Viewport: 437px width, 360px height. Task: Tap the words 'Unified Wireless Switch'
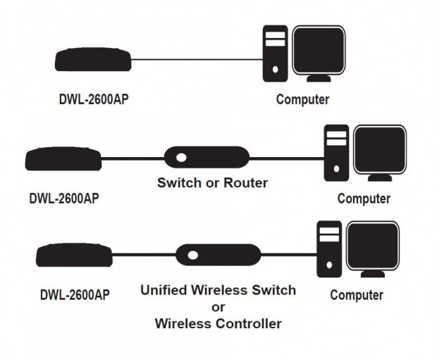click(x=218, y=290)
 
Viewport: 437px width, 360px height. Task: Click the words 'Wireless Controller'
click(x=218, y=324)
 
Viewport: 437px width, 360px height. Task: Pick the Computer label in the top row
click(x=302, y=100)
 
